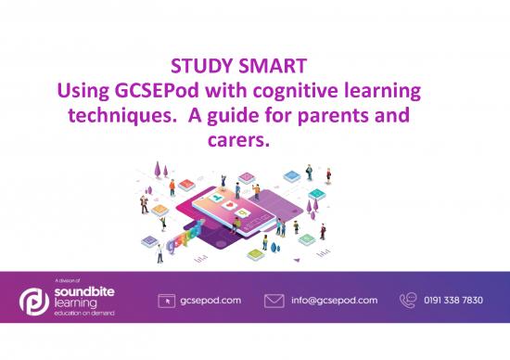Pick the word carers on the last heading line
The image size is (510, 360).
244,144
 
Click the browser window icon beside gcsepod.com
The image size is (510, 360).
169,302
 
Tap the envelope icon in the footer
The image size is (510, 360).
274,302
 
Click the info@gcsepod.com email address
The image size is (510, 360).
334,302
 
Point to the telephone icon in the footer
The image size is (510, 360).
409,301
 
